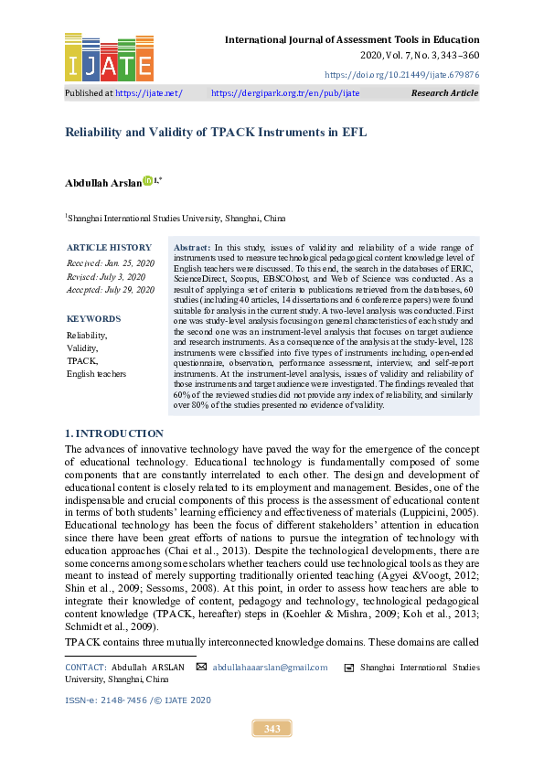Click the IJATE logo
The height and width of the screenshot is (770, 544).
click(109, 57)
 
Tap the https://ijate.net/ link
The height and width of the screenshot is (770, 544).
click(149, 93)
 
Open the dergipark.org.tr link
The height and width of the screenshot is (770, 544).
click(285, 93)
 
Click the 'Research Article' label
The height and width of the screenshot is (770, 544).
click(444, 93)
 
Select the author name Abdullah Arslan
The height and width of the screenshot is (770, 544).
click(103, 183)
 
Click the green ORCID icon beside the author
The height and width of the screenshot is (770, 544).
click(148, 182)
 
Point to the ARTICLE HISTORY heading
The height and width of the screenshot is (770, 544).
click(110, 248)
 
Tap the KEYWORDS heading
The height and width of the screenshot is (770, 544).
click(93, 319)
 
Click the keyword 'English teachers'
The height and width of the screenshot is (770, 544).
click(96, 374)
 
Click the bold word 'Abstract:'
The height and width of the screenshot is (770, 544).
click(191, 248)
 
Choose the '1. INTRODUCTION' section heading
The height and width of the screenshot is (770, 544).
click(114, 433)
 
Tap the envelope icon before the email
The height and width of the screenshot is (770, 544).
click(201, 668)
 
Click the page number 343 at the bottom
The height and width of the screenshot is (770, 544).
click(272, 729)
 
